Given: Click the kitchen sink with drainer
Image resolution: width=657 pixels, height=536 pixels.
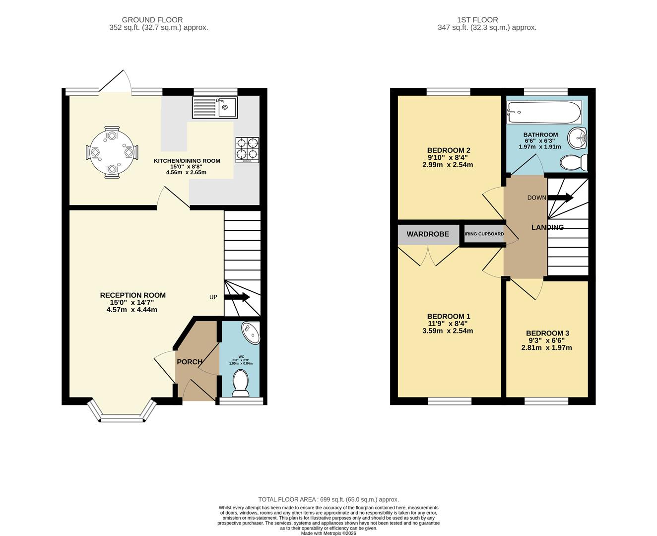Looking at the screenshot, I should click(x=215, y=107).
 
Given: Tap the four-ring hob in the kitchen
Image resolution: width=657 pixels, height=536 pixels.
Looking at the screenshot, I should click(x=247, y=150).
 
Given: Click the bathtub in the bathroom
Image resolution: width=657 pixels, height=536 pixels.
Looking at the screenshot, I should click(x=543, y=113).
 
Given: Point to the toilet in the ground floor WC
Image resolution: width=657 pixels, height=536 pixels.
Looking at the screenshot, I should click(x=241, y=383).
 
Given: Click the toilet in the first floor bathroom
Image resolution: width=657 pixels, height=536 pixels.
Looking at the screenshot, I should click(x=575, y=162).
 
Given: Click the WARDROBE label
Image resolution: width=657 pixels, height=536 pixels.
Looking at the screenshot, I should click(x=428, y=234).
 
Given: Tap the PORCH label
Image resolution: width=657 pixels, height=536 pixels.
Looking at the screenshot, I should click(x=190, y=362).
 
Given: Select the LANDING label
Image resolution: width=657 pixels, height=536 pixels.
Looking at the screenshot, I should click(x=547, y=227).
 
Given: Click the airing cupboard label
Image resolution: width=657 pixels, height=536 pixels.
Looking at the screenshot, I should click(x=484, y=234).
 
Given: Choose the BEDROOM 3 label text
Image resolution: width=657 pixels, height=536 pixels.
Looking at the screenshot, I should click(x=546, y=333).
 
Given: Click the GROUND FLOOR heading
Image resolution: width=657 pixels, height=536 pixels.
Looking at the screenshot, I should click(x=152, y=20).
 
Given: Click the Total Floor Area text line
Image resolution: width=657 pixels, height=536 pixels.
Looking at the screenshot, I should click(x=328, y=499).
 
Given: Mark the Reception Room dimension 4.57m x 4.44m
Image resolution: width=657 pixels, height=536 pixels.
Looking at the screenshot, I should click(x=131, y=310).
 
